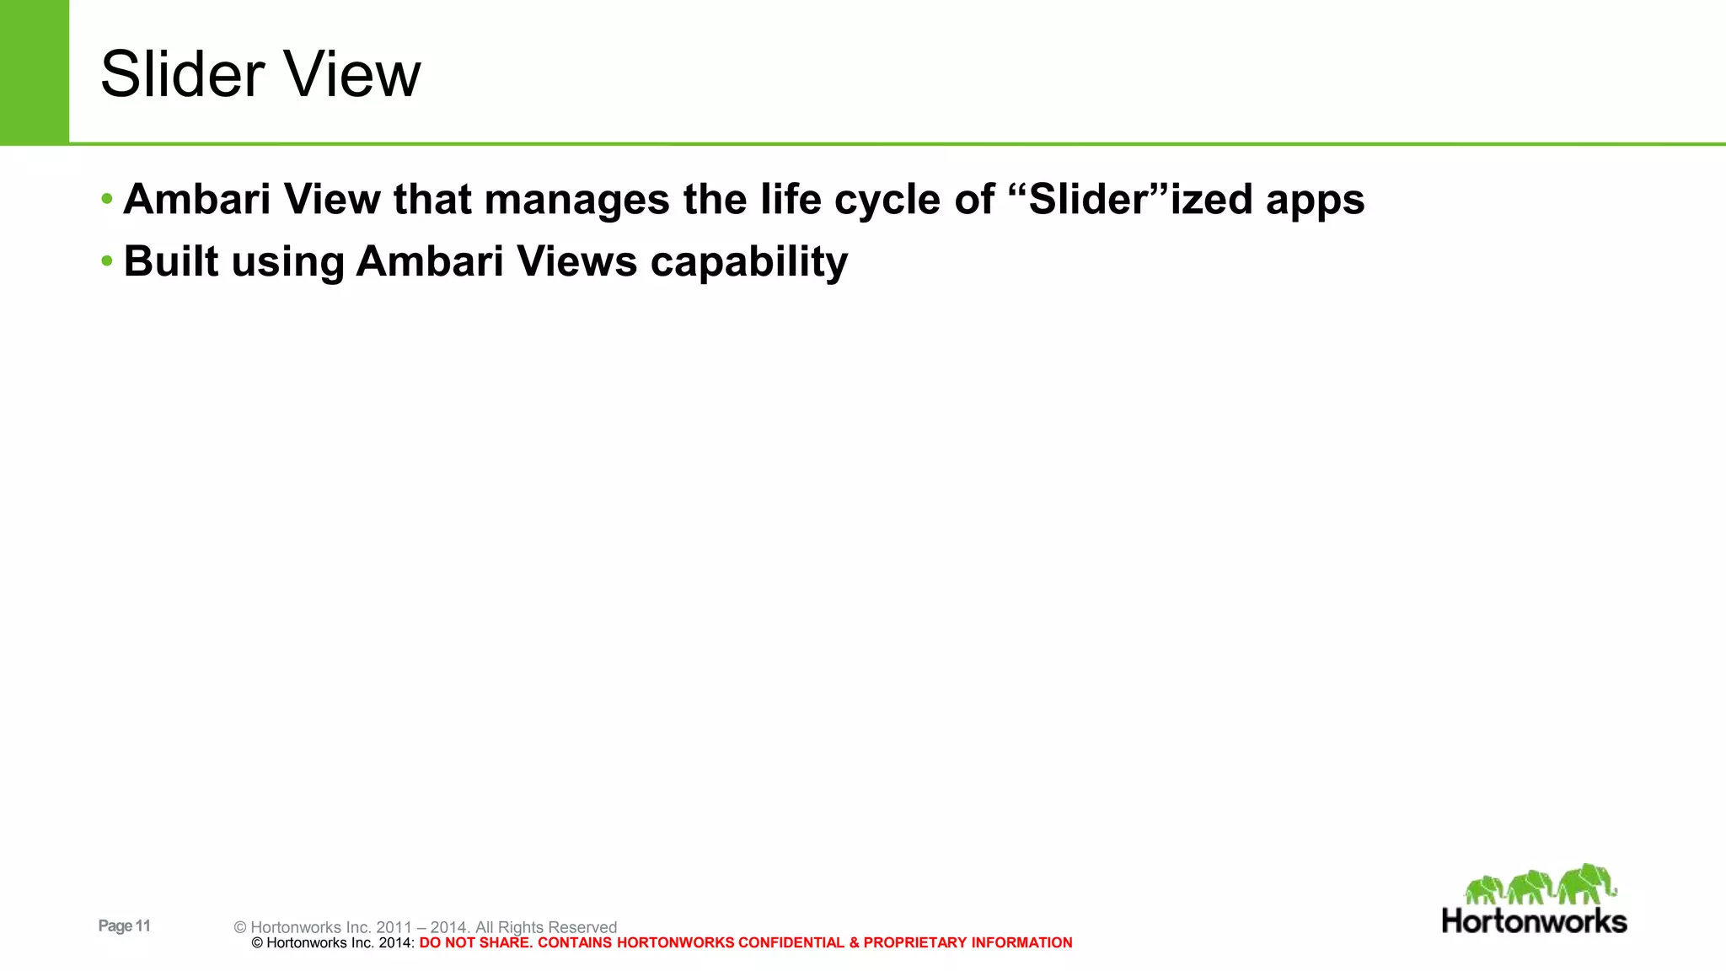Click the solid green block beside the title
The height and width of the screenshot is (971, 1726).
34,72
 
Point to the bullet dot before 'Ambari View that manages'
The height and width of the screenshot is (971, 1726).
106,200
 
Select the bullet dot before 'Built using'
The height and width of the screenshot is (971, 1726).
106,261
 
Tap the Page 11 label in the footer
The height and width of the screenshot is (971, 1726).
125,925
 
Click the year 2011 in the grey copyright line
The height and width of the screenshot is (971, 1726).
394,927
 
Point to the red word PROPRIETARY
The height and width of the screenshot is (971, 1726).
915,943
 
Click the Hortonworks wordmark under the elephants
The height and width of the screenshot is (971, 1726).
1534,920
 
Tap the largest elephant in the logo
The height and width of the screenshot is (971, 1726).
1586,882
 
